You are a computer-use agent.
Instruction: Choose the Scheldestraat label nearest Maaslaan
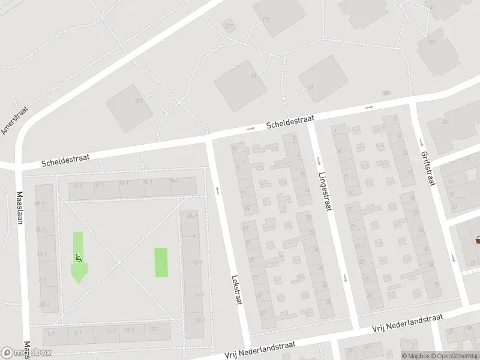pyautogui.click(x=66, y=159)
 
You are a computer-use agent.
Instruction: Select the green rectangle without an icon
pyautogui.click(x=161, y=262)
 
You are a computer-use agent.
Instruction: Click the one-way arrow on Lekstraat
pyautogui.click(x=217, y=190)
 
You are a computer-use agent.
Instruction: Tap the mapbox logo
pyautogui.click(x=26, y=353)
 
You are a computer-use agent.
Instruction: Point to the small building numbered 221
pyautogui.click(x=228, y=26)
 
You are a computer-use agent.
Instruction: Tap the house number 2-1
pyautogui.click(x=78, y=185)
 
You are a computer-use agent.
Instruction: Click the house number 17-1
pyautogui.click(x=153, y=330)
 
